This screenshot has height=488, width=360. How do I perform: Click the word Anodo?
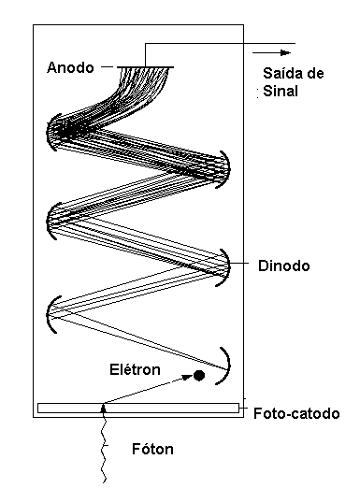click(72, 66)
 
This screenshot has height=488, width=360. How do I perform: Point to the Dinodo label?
click(282, 266)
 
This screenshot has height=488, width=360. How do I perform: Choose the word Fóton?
click(151, 449)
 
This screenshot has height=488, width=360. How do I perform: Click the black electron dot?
click(199, 376)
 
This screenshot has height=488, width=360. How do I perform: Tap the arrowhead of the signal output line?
click(288, 44)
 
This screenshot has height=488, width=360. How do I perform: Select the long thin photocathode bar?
click(137, 408)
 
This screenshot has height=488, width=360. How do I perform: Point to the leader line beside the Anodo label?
click(108, 65)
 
